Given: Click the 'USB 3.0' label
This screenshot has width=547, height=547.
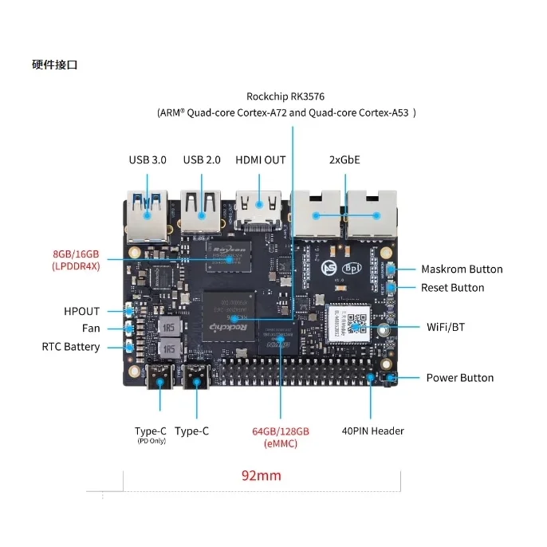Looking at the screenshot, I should tap(148, 159).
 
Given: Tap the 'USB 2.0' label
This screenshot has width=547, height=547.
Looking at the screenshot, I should tap(202, 159).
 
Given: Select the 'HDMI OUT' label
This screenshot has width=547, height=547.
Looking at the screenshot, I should tap(260, 159).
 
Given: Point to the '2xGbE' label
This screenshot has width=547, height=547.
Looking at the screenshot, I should tap(344, 159).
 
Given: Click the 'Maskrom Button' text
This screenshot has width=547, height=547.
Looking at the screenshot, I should tap(462, 270).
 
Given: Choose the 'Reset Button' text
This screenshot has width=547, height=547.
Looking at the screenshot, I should tap(452, 288).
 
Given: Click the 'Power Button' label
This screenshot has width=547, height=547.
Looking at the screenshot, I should tap(459, 378).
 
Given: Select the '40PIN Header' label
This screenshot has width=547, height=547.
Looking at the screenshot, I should tap(373, 431).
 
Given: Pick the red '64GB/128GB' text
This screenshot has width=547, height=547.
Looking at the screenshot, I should tap(281, 431).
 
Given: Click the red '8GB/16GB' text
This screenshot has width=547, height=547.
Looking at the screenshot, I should tap(77, 253).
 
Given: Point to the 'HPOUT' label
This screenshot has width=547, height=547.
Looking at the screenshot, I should tap(82, 311).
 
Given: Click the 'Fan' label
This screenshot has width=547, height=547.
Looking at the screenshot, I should tap(91, 329).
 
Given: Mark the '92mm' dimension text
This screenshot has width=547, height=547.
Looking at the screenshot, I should tap(261, 476).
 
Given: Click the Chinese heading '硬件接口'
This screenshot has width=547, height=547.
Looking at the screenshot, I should tap(55, 65).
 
